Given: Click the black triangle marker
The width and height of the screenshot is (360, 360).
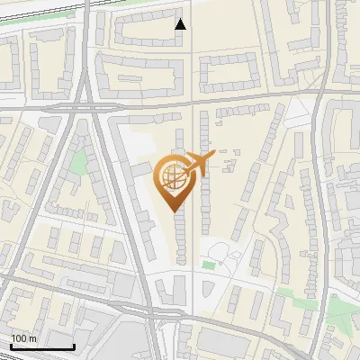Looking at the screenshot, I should point(181,24).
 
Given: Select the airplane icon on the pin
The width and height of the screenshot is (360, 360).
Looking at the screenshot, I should point(196,164).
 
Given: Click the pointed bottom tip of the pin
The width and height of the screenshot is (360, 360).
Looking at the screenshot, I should point(174,210).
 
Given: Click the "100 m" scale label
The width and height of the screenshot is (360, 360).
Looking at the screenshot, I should point(24,338).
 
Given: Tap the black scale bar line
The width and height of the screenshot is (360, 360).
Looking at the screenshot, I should point(41,346).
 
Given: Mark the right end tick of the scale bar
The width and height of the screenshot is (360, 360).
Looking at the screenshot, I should point(73,345).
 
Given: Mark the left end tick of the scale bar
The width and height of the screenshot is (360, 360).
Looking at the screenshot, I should point(11,345).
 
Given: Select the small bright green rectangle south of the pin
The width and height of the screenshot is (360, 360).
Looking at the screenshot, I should point(209,265).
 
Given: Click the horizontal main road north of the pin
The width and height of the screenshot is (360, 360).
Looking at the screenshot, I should point(225,101).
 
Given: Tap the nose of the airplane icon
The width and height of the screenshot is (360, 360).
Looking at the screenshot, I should point(212,157).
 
